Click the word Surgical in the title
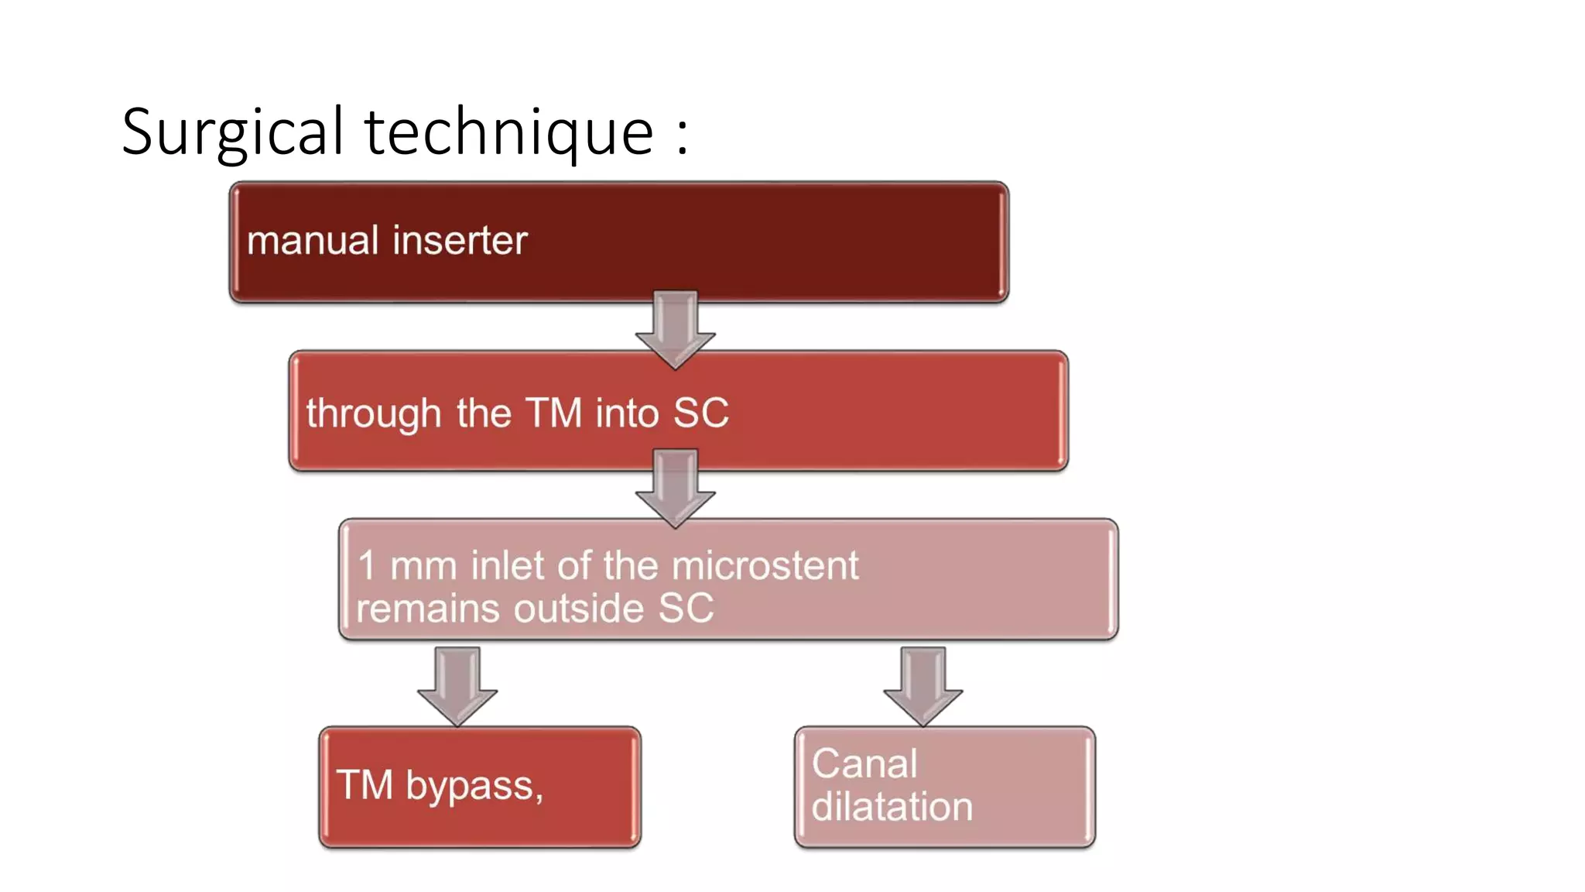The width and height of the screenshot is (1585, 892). [x=232, y=132]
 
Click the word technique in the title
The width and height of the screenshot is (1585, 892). [x=508, y=132]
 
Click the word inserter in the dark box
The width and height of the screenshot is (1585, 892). [x=460, y=240]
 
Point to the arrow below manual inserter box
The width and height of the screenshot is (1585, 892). [x=675, y=329]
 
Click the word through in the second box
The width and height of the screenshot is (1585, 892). [x=374, y=413]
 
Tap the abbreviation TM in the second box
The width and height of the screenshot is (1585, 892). [x=553, y=413]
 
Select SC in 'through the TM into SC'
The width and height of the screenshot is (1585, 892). [x=700, y=413]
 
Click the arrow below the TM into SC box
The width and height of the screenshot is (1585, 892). [x=675, y=488]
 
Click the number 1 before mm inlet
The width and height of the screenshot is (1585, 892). [x=367, y=565]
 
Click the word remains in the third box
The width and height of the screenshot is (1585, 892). [x=428, y=608]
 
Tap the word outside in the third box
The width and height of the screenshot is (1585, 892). [x=578, y=608]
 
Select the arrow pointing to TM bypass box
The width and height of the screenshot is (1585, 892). [x=457, y=686]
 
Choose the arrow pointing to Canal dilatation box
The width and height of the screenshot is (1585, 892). [x=923, y=686]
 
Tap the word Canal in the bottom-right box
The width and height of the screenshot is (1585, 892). [x=864, y=764]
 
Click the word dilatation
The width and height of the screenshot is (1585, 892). [x=892, y=807]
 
